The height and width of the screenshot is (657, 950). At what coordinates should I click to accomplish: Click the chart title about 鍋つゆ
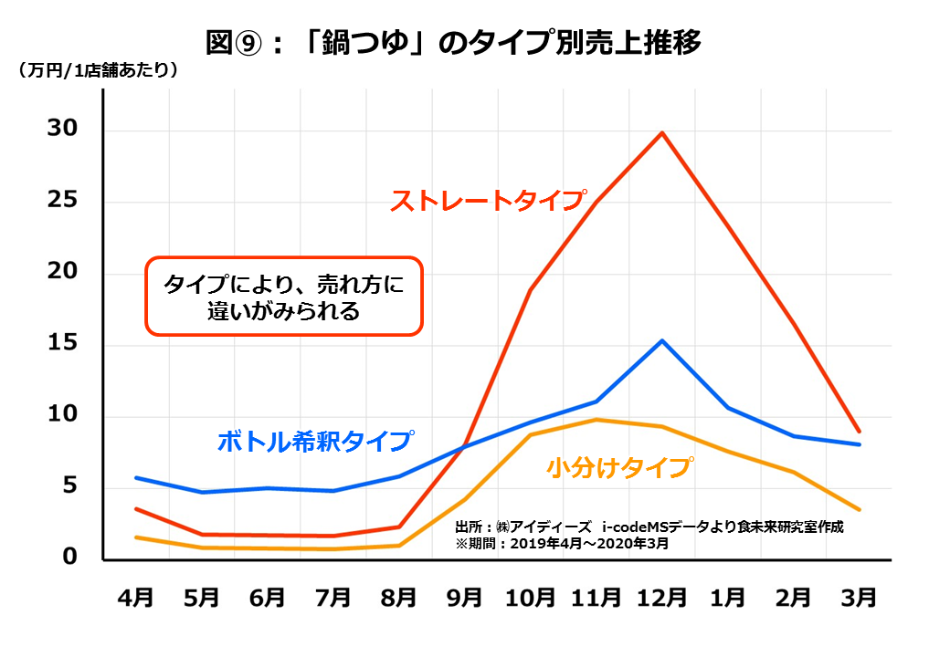pos(453,43)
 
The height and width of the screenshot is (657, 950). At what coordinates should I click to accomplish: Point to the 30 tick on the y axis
pos(66,130)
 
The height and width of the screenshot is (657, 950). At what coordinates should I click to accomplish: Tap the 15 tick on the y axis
pos(66,345)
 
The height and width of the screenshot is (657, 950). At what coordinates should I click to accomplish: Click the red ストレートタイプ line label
pos(488,201)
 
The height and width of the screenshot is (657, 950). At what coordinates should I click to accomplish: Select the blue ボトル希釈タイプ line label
pos(314,441)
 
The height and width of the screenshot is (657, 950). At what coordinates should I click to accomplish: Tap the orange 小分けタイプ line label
pos(618,467)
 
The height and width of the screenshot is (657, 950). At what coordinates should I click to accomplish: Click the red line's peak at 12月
pos(662,132)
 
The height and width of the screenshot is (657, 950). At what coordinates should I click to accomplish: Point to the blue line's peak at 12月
pos(662,340)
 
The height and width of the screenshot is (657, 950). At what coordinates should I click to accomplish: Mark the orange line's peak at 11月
pos(596,420)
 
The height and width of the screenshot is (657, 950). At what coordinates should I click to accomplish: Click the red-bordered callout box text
pos(283,297)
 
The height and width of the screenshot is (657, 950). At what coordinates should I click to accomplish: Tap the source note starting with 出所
pos(649,527)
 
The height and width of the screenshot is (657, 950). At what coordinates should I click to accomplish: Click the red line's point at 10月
pos(530,290)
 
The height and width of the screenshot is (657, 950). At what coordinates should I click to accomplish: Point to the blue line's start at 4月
pos(136,477)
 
